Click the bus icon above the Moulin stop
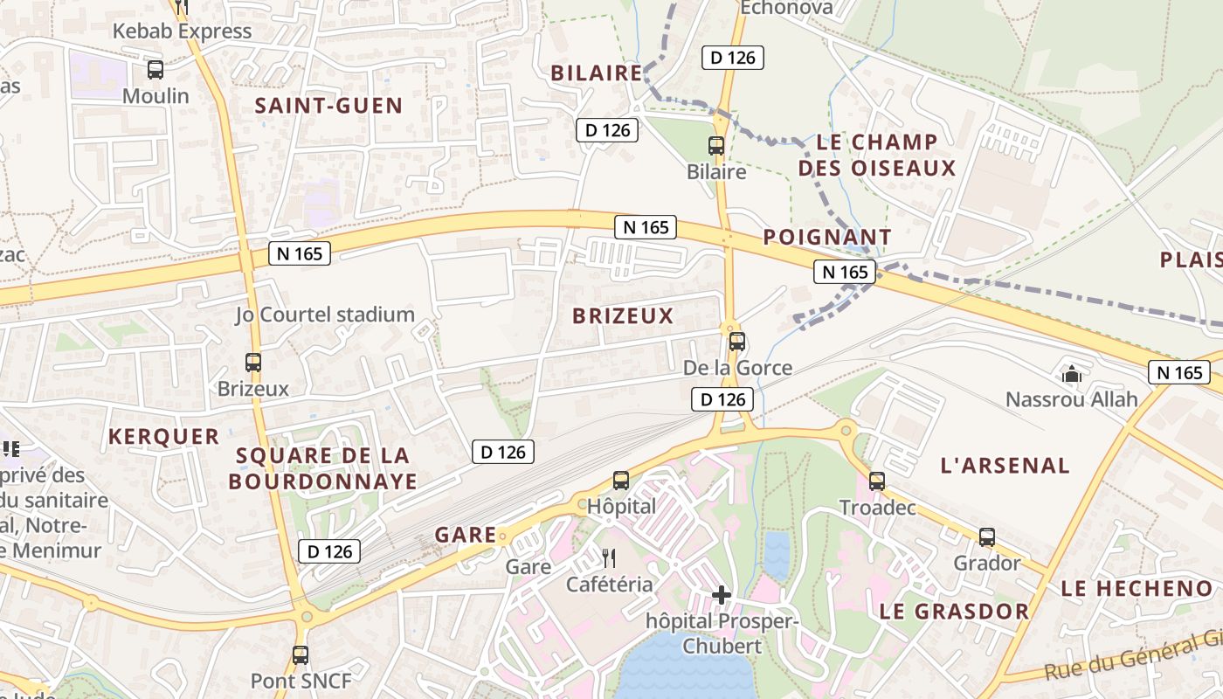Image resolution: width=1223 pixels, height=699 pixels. point(155,70)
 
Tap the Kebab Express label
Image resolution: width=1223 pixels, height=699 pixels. point(182,31)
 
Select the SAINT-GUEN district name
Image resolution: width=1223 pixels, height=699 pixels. point(328,107)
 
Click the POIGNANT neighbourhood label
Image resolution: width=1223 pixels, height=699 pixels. point(826,237)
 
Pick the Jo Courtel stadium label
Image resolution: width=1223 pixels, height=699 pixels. point(324,315)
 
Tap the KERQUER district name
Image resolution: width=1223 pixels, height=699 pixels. point(163,436)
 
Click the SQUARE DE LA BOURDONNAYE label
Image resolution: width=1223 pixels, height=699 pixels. point(322,468)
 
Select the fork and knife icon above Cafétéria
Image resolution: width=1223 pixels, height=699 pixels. point(609,557)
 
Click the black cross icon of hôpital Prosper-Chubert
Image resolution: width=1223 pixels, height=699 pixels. point(722,595)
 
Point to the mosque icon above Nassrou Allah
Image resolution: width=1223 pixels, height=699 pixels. point(1071,374)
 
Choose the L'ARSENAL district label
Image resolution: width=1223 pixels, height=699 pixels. point(1005,466)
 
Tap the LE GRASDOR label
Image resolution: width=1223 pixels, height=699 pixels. point(954,611)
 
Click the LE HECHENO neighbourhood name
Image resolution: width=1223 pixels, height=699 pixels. point(1137,589)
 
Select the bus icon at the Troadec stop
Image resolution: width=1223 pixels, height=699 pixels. point(877,481)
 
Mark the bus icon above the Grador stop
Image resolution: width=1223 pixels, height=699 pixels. point(987,537)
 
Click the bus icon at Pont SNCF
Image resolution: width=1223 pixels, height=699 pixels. point(301,654)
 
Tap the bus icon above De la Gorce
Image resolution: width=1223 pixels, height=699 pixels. point(737,342)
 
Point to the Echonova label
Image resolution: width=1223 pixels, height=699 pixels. point(786,9)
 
